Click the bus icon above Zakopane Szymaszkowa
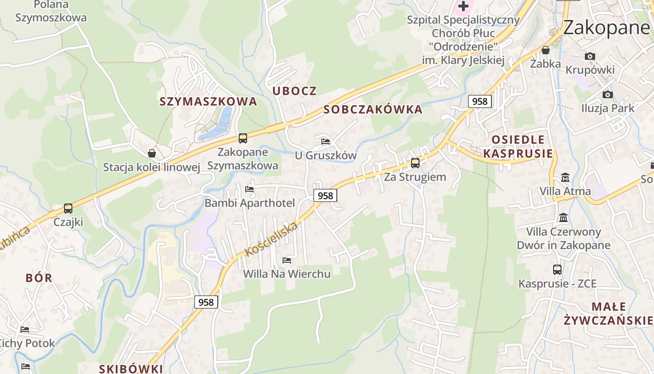242,138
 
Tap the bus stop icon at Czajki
68,209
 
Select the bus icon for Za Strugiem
415,163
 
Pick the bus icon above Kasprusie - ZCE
557,270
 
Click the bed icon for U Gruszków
326,141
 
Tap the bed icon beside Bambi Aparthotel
249,189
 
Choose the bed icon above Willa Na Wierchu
287,260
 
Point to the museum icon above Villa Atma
565,178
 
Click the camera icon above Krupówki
590,57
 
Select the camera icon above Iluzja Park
607,95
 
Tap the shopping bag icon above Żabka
545,50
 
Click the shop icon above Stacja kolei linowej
152,153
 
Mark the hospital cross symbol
463,7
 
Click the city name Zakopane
606,28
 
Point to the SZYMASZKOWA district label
208,101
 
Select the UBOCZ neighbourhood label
294,91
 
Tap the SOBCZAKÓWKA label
373,110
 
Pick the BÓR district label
39,278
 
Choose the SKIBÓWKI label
131,368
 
